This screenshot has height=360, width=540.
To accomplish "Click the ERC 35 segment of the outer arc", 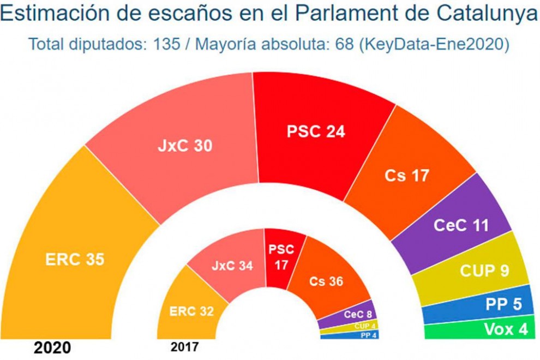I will coord(76,259).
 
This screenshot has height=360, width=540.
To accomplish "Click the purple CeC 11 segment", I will coord(461,225).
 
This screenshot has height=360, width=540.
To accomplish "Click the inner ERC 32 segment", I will coord(190,311).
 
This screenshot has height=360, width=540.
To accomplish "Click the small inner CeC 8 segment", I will coord(357,315).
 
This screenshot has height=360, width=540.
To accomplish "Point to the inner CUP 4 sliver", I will coord(364,326).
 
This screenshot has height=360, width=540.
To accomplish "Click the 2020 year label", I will coord(52,347).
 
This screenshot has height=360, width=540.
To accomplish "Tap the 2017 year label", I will coord(185,347).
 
